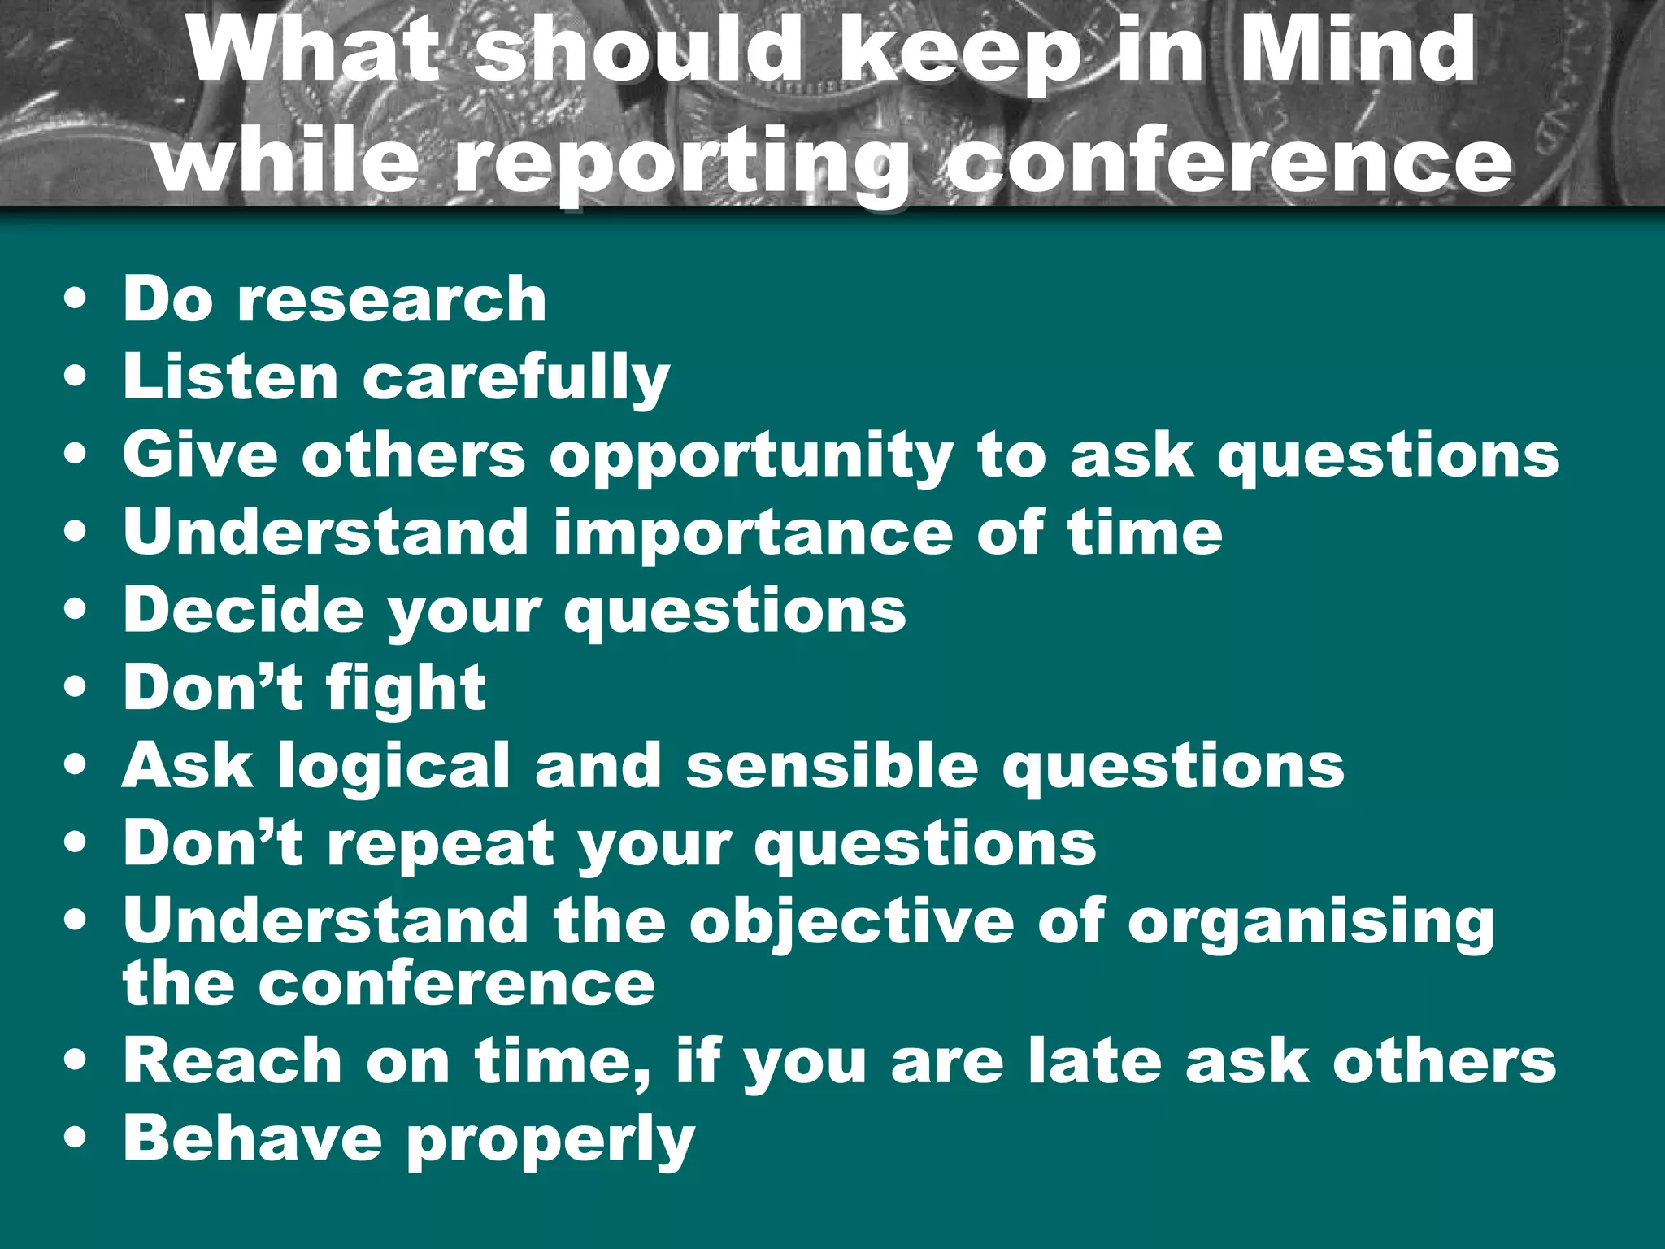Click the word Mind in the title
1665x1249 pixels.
tap(1355, 50)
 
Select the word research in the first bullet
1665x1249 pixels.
tap(392, 298)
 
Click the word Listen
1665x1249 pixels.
tap(230, 376)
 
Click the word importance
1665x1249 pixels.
tap(753, 533)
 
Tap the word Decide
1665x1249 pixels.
tap(243, 610)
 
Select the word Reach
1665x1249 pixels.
tap(233, 1060)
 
